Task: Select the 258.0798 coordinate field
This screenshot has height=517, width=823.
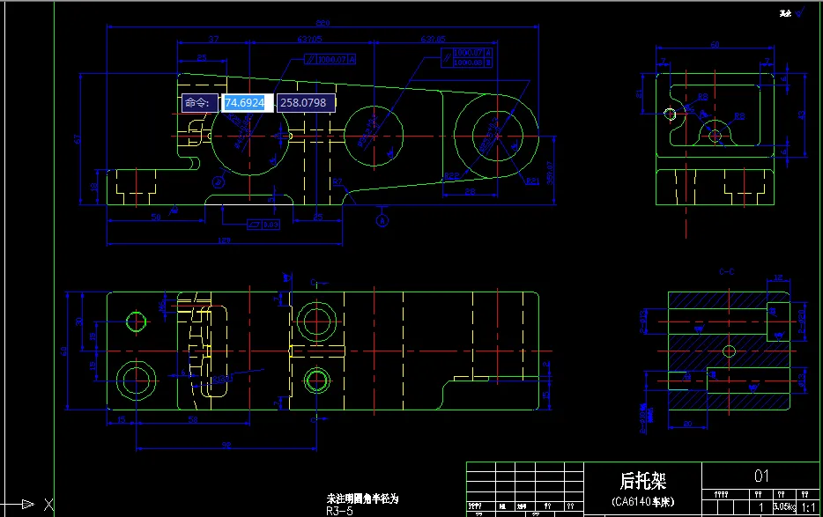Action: tap(303, 103)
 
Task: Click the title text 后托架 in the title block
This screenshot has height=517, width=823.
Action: tap(642, 480)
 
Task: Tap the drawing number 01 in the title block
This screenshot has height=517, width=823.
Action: tap(761, 476)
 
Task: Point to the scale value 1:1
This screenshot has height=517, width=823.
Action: tap(807, 507)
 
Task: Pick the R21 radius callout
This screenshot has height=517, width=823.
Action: tap(532, 181)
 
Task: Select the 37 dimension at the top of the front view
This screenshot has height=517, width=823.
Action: tap(213, 40)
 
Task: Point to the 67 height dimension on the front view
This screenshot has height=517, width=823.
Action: tap(78, 138)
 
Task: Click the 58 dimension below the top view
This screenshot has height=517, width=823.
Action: tap(192, 420)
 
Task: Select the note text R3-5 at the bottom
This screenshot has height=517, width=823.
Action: tap(339, 510)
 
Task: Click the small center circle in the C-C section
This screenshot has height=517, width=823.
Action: tap(728, 351)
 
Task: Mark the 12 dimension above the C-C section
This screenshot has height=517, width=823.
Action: tap(778, 279)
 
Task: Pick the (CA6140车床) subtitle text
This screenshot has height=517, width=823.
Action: tap(642, 501)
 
